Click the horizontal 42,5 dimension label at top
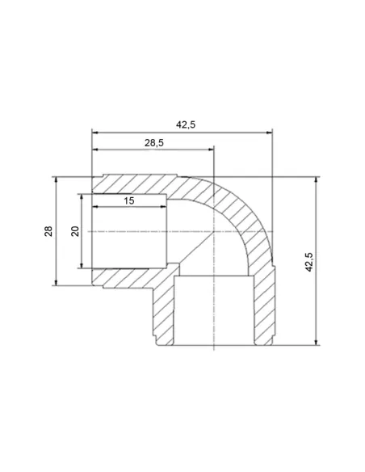click(186, 124)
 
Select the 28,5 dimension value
click(154, 143)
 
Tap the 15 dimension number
click(129, 200)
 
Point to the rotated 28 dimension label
click(48, 231)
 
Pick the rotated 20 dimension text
click(75, 231)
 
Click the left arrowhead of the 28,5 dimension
click(95, 150)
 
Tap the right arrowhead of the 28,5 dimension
click(210, 150)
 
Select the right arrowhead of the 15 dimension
click(163, 207)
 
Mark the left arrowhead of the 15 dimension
click(95, 207)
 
